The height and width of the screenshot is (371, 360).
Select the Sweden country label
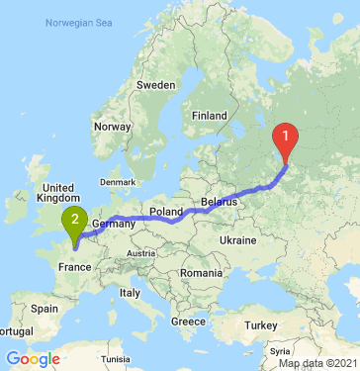tap(154, 85)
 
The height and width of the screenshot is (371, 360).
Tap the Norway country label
tap(111, 127)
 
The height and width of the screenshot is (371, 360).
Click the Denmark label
tap(117, 182)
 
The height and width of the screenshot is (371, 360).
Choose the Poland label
tap(165, 212)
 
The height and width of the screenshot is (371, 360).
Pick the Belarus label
tap(221, 202)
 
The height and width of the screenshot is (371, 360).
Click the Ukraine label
tap(238, 241)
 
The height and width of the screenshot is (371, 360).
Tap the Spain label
tap(45, 309)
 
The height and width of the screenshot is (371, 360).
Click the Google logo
tap(32, 358)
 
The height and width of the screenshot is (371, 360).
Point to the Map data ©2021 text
tap(315, 364)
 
